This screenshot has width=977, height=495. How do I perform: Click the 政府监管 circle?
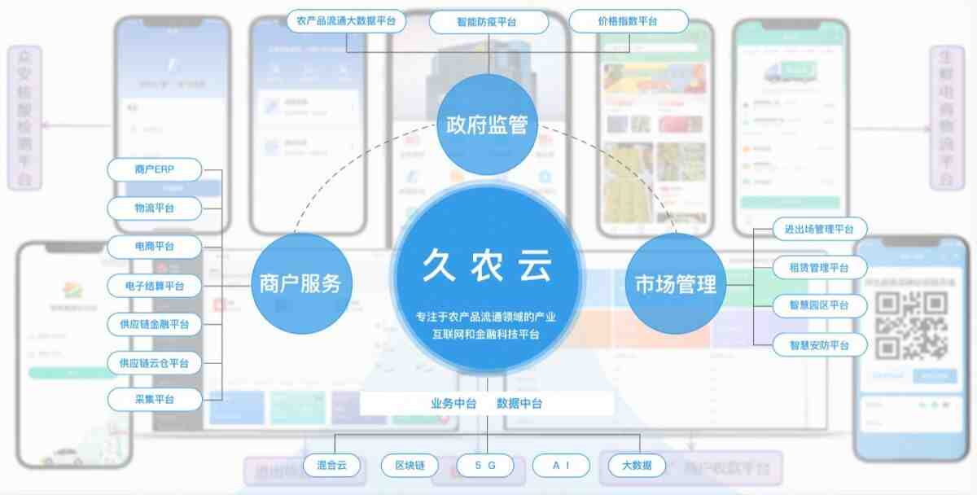pos(487,125)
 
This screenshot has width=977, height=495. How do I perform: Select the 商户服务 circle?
pos(300,283)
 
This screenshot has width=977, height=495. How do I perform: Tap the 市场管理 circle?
pos(675,283)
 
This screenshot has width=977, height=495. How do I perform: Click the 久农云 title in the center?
pos(487,265)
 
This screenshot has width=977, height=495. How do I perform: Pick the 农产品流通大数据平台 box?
pos(346,21)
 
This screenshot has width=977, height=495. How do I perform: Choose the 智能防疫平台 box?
pos(486,21)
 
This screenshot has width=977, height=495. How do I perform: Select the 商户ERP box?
pos(155,170)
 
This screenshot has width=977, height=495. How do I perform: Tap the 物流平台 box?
pos(155,208)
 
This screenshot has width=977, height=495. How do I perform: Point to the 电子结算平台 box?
pos(155,286)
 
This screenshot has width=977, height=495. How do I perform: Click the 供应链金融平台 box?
pos(155,325)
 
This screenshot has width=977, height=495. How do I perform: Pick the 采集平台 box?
pos(155,400)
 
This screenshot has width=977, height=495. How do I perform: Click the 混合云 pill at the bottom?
pos(331,466)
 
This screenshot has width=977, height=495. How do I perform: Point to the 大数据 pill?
pos(637,466)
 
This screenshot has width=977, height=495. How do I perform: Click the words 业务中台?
pos(453,403)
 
